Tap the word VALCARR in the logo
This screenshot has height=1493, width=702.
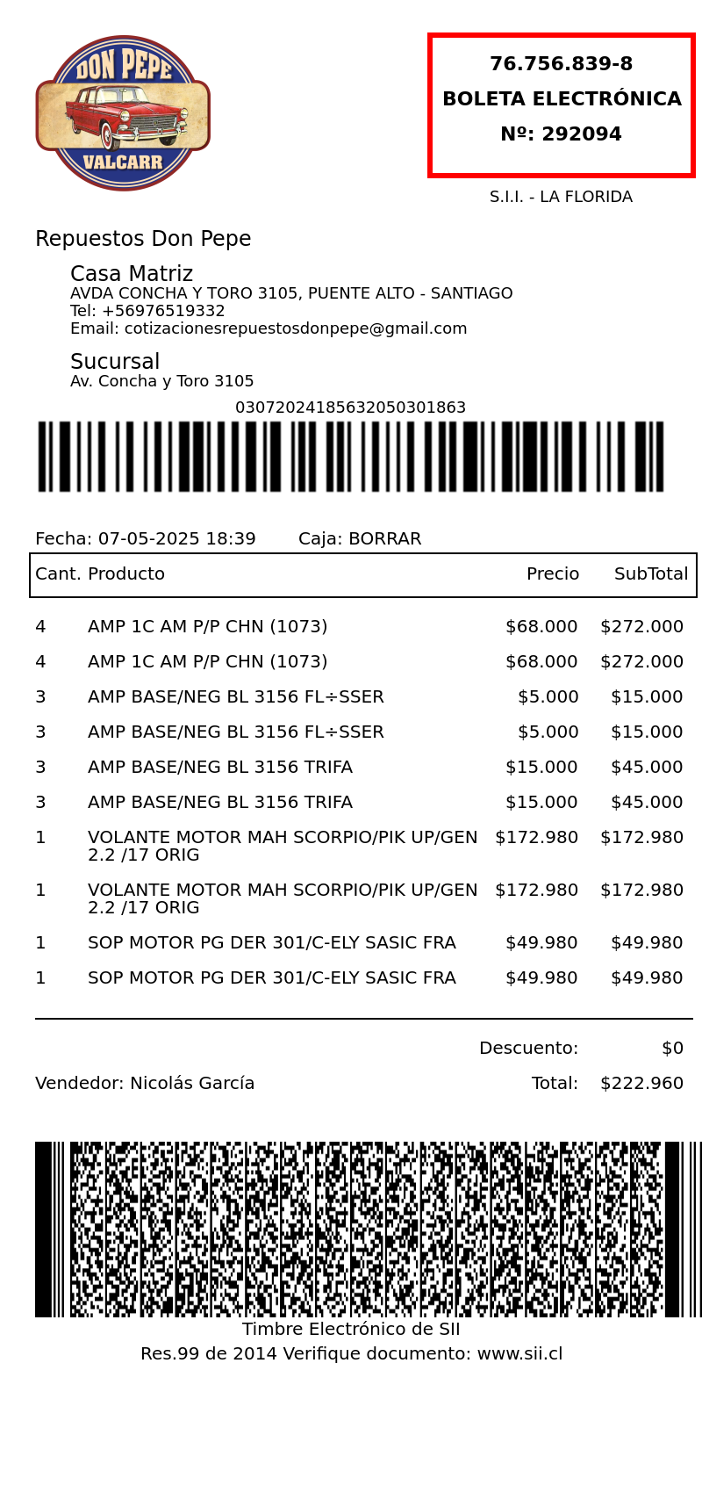(123, 162)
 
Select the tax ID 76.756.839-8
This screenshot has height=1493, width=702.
(561, 64)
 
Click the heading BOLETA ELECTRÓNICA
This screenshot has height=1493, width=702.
(562, 99)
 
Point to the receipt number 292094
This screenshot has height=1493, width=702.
(581, 134)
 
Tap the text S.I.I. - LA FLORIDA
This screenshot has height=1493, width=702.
(561, 197)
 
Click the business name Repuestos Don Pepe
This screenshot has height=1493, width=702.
(143, 239)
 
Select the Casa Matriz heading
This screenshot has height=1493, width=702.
(132, 274)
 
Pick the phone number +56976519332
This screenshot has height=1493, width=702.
(163, 311)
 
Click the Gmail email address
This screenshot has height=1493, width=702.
(296, 328)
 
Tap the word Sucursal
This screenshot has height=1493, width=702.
(115, 362)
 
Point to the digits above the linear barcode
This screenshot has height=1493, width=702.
(350, 408)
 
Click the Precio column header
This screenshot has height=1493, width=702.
(553, 573)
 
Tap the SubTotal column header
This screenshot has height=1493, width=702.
(651, 573)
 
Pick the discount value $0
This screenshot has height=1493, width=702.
(672, 1048)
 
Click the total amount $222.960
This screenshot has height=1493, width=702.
(641, 1083)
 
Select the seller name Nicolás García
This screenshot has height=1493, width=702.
(192, 1083)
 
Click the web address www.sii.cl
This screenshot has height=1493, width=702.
(519, 1353)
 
